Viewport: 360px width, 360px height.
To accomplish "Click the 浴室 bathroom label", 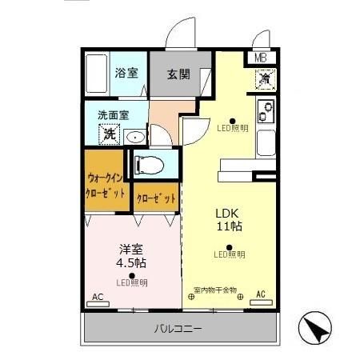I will tap(126, 73).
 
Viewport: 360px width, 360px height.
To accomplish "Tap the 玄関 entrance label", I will tap(177, 73).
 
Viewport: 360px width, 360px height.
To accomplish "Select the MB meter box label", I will tap(262, 58).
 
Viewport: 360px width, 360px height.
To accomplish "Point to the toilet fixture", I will tap(150, 166).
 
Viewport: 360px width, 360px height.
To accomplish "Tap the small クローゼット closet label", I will tap(155, 198).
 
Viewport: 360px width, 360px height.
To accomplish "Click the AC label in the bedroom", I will tap(98, 298).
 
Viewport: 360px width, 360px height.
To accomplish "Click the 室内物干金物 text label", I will tap(214, 290).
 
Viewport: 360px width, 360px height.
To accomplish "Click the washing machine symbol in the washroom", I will tap(108, 134).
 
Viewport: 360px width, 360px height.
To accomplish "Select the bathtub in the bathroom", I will tap(98, 74).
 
